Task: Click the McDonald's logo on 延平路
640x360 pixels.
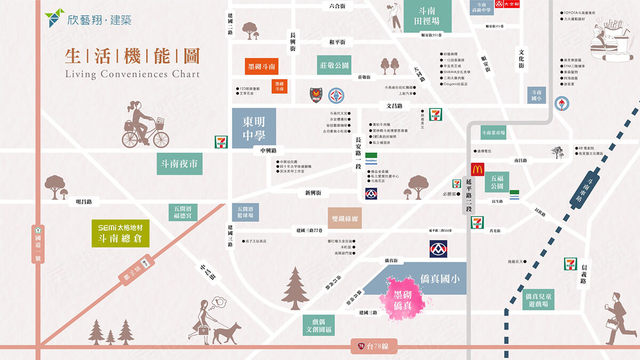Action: tap(477, 170)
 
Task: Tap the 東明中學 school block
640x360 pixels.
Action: tap(254, 128)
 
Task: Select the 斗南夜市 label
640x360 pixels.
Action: tap(180, 164)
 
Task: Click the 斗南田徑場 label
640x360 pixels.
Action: tap(427, 16)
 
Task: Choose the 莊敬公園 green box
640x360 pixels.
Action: tap(334, 65)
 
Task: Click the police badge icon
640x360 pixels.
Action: tap(316, 95)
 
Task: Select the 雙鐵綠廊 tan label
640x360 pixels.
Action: tap(345, 218)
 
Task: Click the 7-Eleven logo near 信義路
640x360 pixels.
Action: tap(571, 264)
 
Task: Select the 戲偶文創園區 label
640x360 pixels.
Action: tap(319, 324)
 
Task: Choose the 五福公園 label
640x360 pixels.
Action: tap(497, 182)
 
